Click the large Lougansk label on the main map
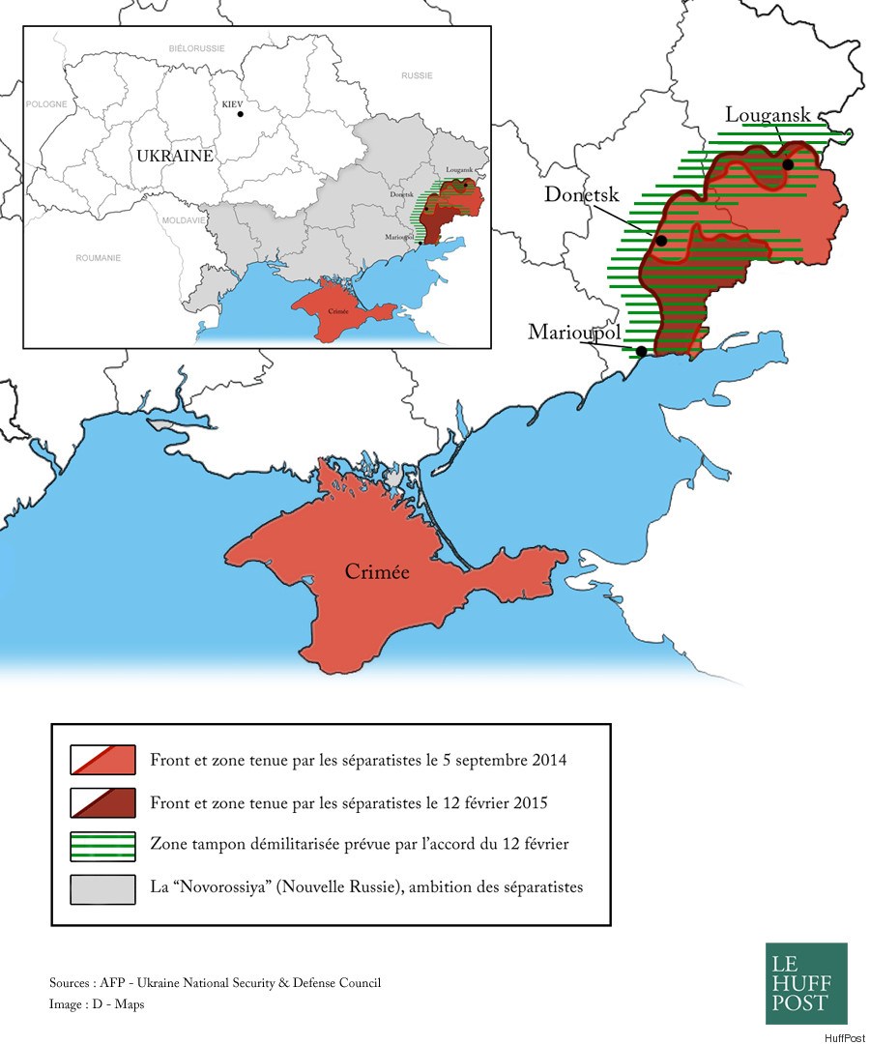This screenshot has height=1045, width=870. [x=768, y=115]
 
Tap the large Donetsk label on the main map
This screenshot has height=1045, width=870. [x=581, y=194]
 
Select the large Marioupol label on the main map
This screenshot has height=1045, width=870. [x=574, y=333]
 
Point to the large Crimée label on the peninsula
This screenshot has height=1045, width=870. [x=377, y=572]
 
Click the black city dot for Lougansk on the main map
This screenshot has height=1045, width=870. [x=788, y=164]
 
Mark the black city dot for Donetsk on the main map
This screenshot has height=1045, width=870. [x=661, y=241]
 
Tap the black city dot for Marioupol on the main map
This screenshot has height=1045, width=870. [x=642, y=351]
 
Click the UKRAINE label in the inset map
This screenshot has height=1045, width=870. [x=174, y=156]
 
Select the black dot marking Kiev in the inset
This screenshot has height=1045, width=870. [x=240, y=115]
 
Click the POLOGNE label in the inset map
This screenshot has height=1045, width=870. [x=49, y=103]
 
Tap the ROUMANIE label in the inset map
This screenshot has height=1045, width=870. [x=99, y=258]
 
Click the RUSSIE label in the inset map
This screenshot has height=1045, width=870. [x=417, y=74]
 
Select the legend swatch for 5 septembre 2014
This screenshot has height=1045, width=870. [x=102, y=760]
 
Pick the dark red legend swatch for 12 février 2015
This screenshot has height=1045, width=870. [x=102, y=802]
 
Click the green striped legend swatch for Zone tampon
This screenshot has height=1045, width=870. [x=102, y=845]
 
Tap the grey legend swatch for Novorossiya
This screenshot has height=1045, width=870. [x=102, y=887]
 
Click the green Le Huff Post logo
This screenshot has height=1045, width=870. [x=806, y=983]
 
